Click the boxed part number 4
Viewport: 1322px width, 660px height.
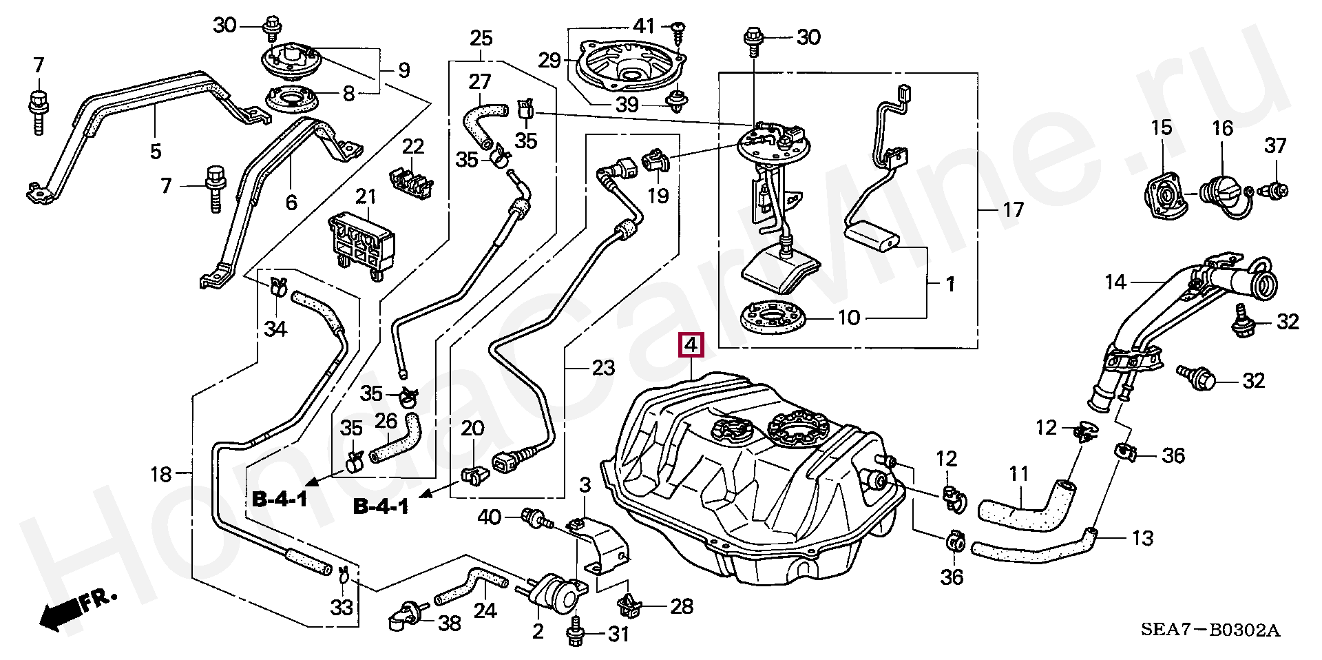click(691, 344)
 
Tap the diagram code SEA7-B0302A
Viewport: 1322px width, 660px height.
click(1210, 630)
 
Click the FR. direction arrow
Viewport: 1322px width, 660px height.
click(76, 609)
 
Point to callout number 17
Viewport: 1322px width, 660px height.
click(1013, 209)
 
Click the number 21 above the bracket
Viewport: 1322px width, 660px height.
click(366, 197)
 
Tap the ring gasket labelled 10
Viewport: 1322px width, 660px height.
click(773, 318)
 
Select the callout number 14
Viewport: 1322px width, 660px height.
click(1115, 282)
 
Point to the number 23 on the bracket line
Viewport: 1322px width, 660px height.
click(603, 367)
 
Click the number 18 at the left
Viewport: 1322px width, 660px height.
click(160, 474)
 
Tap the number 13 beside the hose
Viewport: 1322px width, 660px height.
click(1142, 538)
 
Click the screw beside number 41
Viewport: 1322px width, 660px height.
click(678, 27)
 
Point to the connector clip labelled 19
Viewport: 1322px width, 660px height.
click(655, 162)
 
